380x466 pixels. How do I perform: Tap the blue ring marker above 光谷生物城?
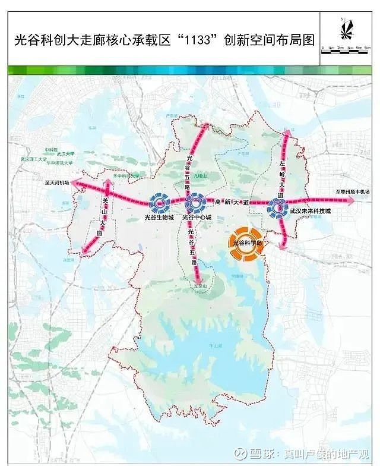[160, 203]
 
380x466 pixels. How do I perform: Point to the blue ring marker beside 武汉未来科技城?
[277, 207]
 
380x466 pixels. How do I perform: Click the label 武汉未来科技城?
[310, 211]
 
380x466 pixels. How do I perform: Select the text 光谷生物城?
[160, 218]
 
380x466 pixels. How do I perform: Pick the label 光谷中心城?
[196, 218]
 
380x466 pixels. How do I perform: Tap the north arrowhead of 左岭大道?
[286, 133]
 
